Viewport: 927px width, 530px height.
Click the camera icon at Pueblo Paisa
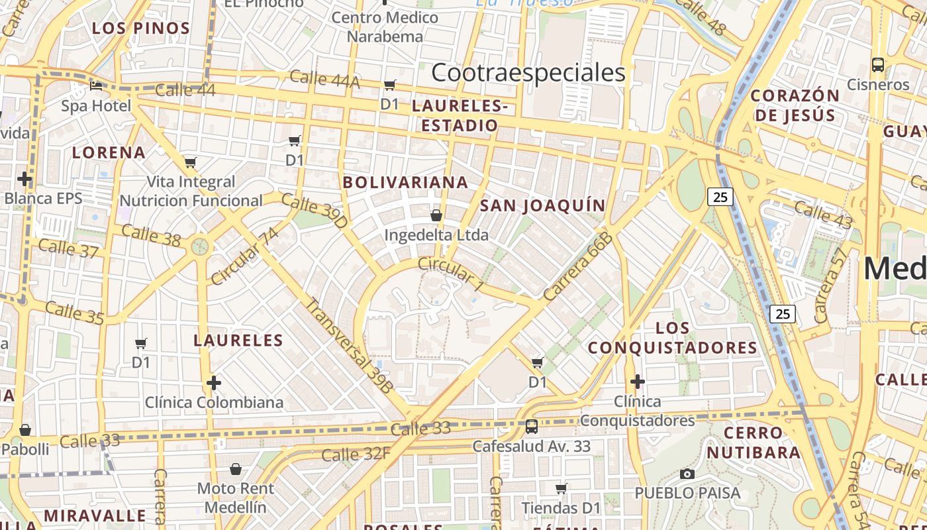click(x=687, y=474)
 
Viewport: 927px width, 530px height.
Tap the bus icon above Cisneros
click(x=878, y=65)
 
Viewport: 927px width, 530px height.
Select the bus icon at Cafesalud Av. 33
click(x=531, y=426)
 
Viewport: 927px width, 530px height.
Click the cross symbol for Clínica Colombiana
click(x=213, y=382)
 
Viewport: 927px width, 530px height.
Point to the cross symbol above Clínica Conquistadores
click(x=638, y=382)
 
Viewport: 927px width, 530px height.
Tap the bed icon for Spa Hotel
click(x=97, y=86)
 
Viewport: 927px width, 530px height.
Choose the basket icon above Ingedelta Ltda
click(x=436, y=215)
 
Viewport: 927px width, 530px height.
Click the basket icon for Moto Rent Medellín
click(x=235, y=470)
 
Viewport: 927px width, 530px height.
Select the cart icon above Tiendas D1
click(x=561, y=489)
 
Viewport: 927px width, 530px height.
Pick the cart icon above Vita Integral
click(x=191, y=162)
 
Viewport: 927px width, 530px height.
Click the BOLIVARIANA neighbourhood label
click(x=405, y=182)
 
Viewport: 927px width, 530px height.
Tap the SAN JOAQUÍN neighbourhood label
click(x=543, y=206)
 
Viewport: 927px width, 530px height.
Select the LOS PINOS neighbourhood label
click(x=141, y=28)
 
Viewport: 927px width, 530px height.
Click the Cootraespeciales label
click(x=528, y=73)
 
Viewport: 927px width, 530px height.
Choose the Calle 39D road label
click(x=315, y=211)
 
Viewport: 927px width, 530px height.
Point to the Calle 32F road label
click(x=356, y=454)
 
